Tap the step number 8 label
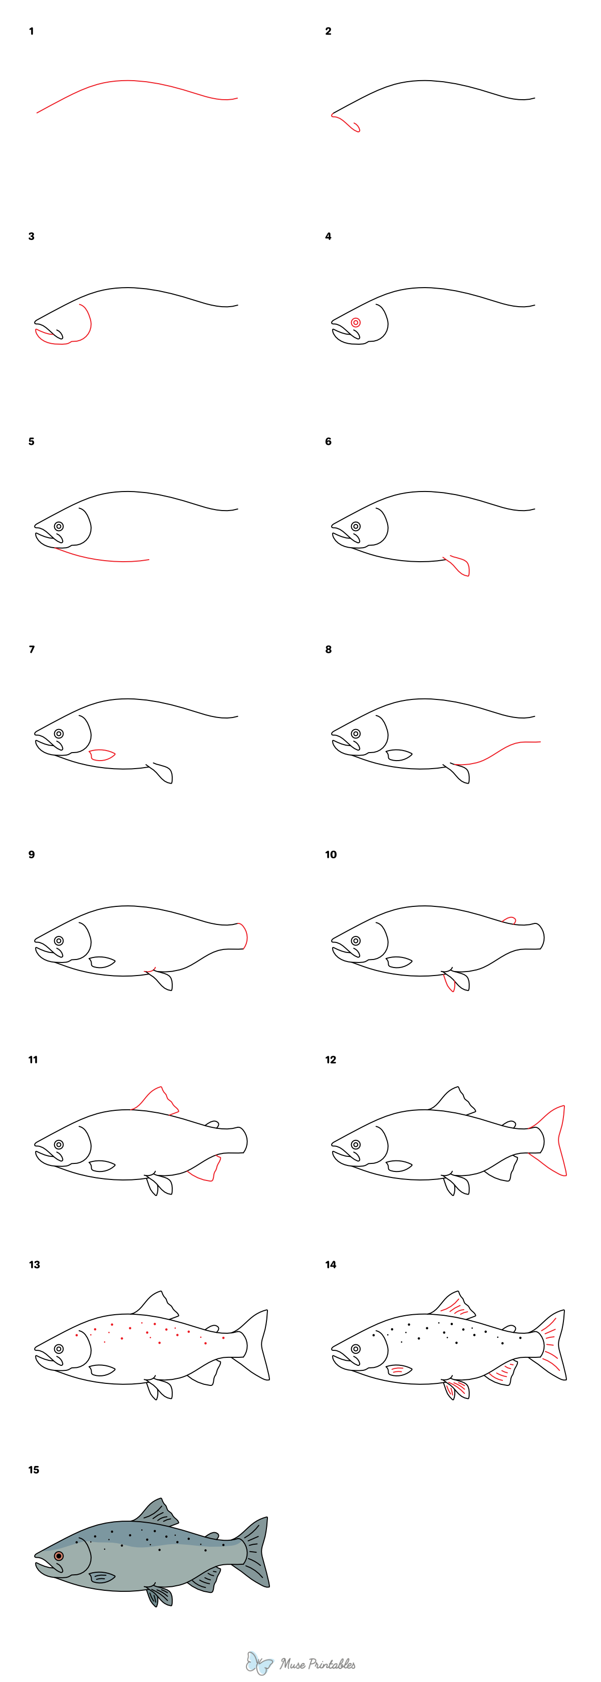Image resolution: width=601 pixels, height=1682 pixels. [x=328, y=649]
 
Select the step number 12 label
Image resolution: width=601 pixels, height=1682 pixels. [x=330, y=1059]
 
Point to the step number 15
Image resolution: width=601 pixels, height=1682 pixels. [x=33, y=1469]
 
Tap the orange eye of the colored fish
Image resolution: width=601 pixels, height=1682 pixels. [x=59, y=1555]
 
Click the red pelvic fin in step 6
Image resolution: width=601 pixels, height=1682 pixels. [x=459, y=566]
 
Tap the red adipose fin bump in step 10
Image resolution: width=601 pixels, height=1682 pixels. [x=510, y=920]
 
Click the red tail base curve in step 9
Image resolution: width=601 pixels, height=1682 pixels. [x=244, y=935]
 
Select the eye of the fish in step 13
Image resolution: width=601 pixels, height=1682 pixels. [x=59, y=1349]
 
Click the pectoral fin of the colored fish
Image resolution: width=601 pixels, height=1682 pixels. [x=102, y=1577]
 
